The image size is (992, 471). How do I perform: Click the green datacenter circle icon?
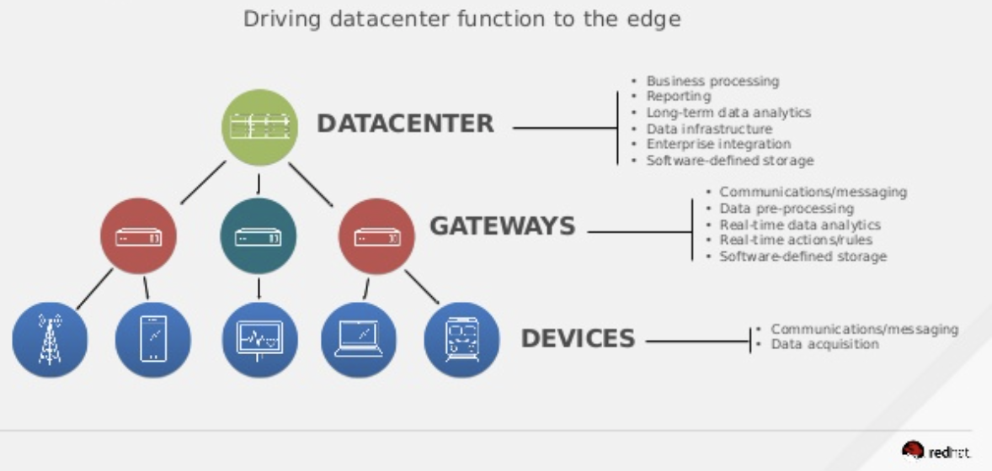260,127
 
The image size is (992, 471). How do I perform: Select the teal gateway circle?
258,236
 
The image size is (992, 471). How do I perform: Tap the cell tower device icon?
50,339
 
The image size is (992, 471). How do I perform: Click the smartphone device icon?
152,339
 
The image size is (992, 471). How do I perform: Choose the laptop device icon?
359,339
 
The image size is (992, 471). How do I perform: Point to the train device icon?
461,339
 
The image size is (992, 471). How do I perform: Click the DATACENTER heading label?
405,124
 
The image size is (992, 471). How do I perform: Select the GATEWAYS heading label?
503,226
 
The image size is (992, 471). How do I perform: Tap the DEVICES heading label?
578,338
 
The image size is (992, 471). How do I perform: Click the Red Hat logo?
936,451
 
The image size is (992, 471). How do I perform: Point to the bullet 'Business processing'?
712,82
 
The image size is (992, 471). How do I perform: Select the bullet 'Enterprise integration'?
718,145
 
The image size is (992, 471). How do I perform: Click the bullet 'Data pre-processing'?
787,209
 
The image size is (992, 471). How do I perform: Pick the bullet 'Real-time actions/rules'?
796,241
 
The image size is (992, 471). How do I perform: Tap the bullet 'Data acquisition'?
825,344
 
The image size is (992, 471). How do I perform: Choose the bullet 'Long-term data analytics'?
728,113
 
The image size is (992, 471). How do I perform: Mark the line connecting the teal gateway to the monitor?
259,288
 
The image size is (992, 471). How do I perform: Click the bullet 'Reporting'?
679,97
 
